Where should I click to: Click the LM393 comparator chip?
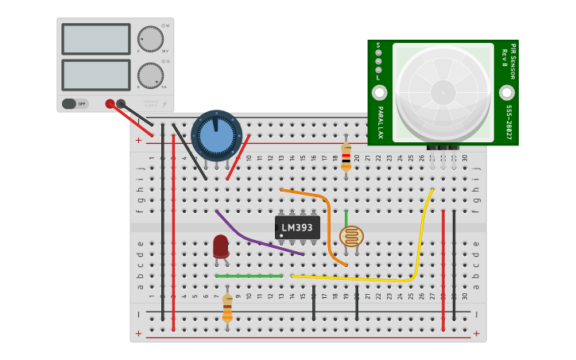(x=297, y=227)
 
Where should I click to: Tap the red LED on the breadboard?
(x=220, y=246)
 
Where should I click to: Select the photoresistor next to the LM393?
(x=351, y=236)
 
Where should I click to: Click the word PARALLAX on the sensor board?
(x=380, y=122)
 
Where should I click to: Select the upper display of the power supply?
(x=95, y=39)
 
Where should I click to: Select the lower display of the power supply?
(x=95, y=75)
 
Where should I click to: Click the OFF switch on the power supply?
(x=75, y=103)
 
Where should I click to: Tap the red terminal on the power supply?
(x=110, y=103)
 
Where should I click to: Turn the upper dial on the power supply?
(x=150, y=39)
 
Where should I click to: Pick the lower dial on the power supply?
(x=150, y=75)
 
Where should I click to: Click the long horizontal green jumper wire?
(x=249, y=276)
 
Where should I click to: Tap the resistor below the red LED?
(x=227, y=306)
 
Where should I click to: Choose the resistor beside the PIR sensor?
(x=346, y=157)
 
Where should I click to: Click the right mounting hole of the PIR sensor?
(x=506, y=92)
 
